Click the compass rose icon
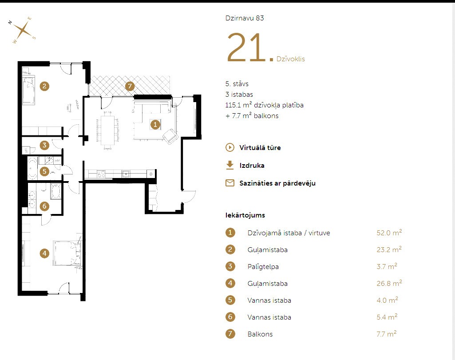(22, 30)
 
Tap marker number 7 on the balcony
(130, 86)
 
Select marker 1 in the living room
(155, 125)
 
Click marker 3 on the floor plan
(44, 145)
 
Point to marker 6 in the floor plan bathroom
(44, 206)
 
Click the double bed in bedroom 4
(67, 253)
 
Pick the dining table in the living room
(108, 130)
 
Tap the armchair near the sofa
(170, 136)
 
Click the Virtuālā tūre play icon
(230, 147)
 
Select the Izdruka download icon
(230, 165)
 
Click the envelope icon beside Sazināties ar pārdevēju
(230, 183)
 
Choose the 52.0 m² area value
(389, 233)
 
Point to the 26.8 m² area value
(389, 283)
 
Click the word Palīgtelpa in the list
(263, 267)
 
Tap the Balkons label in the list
(260, 334)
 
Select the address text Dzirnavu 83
(245, 18)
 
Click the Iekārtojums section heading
(245, 215)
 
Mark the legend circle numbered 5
(230, 300)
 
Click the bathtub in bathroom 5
(32, 168)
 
